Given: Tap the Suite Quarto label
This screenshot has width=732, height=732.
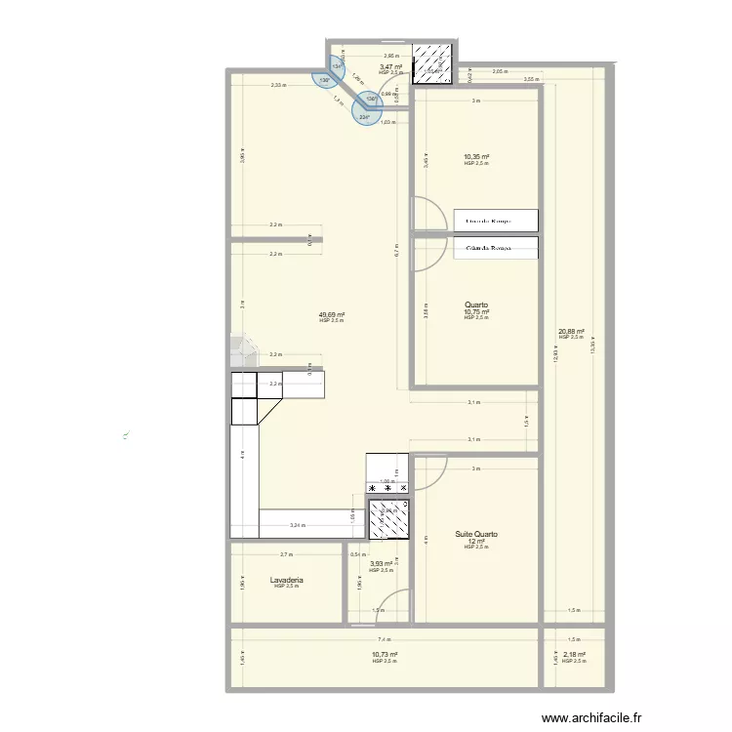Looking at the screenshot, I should (x=476, y=535).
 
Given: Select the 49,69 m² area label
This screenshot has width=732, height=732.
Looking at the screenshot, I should (x=332, y=315).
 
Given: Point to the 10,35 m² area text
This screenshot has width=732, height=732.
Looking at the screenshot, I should (x=476, y=156).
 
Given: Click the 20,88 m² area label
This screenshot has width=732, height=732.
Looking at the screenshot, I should (x=571, y=331).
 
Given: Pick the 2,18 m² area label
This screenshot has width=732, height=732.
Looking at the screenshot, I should (x=574, y=655).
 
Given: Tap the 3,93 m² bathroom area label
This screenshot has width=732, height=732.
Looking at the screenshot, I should (x=381, y=563).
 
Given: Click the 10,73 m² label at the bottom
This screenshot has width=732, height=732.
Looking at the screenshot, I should (x=385, y=655).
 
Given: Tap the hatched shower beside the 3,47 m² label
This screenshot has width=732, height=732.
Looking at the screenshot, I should (x=430, y=63).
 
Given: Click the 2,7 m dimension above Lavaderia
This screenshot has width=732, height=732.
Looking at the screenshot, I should (x=285, y=554).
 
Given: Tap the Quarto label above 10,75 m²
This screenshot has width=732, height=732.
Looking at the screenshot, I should (x=476, y=304).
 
